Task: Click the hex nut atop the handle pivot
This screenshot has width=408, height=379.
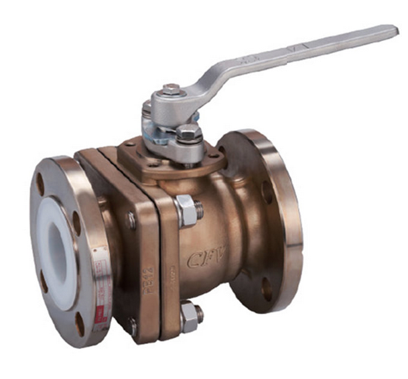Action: (x=172, y=89)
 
